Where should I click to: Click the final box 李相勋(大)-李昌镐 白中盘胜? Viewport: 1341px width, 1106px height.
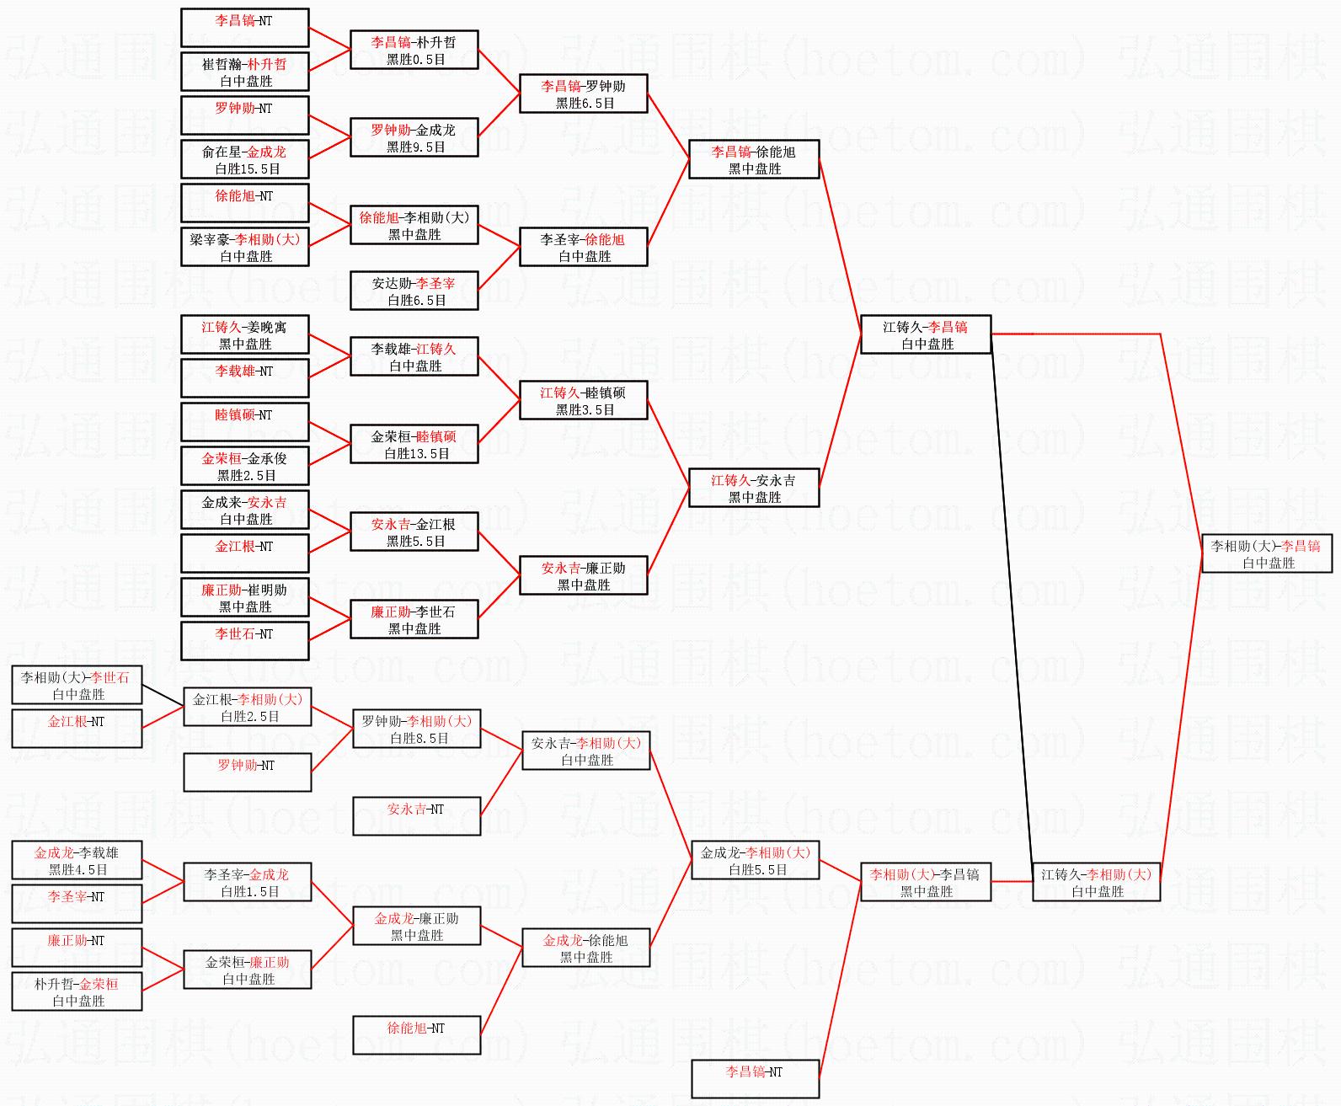pos(1266,553)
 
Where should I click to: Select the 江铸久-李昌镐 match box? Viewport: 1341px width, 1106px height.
pos(925,334)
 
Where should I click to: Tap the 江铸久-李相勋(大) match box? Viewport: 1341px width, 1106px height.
pos(1096,882)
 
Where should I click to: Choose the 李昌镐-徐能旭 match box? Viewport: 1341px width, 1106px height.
pos(754,159)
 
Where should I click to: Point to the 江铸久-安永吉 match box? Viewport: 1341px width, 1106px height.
pos(754,488)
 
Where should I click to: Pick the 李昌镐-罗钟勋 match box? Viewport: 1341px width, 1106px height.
pos(583,94)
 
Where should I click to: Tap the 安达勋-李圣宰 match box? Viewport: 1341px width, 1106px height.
pos(414,291)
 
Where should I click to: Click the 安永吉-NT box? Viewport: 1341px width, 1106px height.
pos(416,816)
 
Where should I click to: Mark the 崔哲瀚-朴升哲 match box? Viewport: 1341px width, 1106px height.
pos(245,72)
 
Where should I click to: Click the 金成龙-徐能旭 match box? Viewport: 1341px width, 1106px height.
pos(585,948)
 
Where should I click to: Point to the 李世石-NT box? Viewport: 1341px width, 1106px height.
pos(245,641)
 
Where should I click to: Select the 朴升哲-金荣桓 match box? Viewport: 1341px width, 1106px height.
pos(77,991)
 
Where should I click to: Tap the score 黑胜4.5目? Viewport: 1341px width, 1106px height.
pos(77,870)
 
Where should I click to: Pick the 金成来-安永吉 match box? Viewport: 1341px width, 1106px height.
pos(245,510)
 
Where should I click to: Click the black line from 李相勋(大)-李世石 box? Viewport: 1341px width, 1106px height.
pos(163,694)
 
